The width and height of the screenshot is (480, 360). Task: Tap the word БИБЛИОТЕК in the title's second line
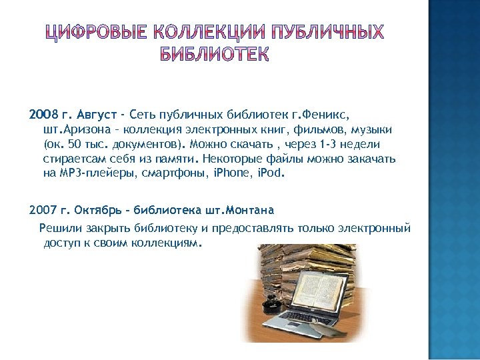pyautogui.click(x=215, y=55)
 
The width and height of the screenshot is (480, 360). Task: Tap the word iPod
pyautogui.click(x=270, y=174)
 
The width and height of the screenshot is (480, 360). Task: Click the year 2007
pyautogui.click(x=43, y=211)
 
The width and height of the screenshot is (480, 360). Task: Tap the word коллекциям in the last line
pyautogui.click(x=167, y=243)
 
